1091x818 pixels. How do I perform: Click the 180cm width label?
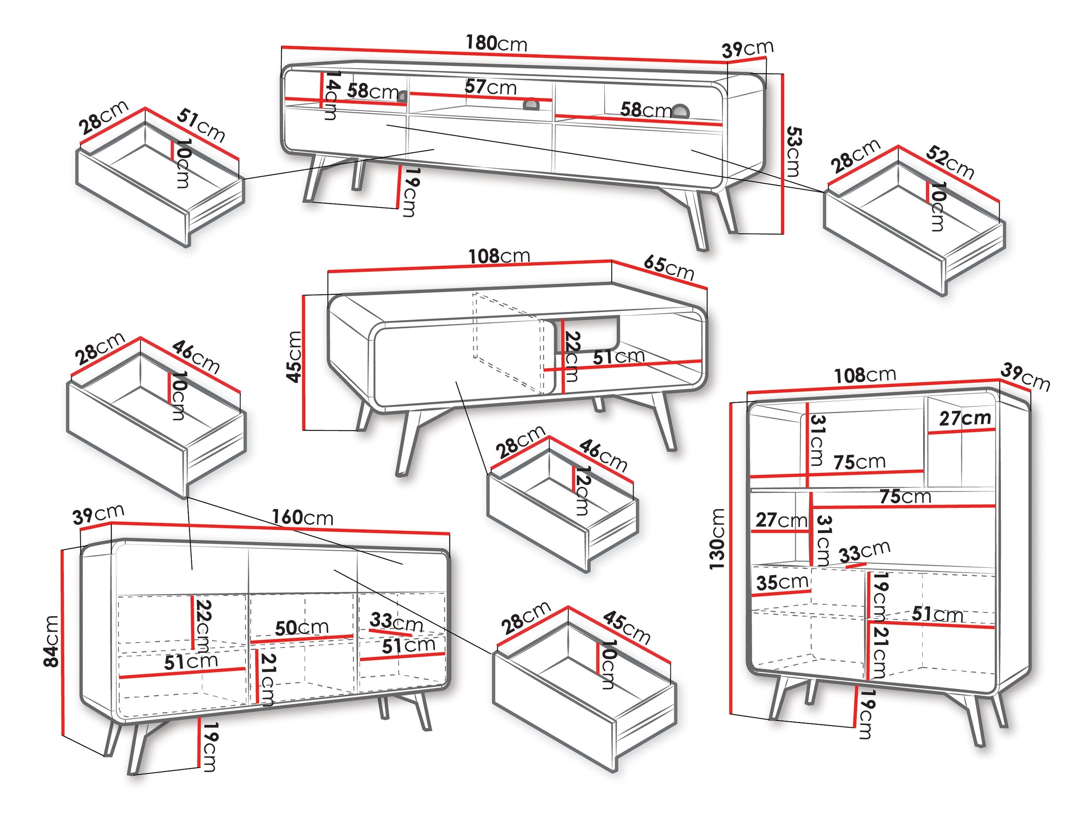coord(496,43)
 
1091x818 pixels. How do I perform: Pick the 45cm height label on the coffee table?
coord(294,357)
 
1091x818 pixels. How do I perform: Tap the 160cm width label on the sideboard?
coord(302,517)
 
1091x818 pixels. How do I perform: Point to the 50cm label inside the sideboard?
coord(301,628)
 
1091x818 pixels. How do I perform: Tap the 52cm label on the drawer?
coord(950,162)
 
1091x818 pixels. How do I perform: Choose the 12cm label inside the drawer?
coord(582,491)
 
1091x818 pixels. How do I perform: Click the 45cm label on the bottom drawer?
coord(626,627)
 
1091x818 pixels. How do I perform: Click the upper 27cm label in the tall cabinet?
coord(965,418)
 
